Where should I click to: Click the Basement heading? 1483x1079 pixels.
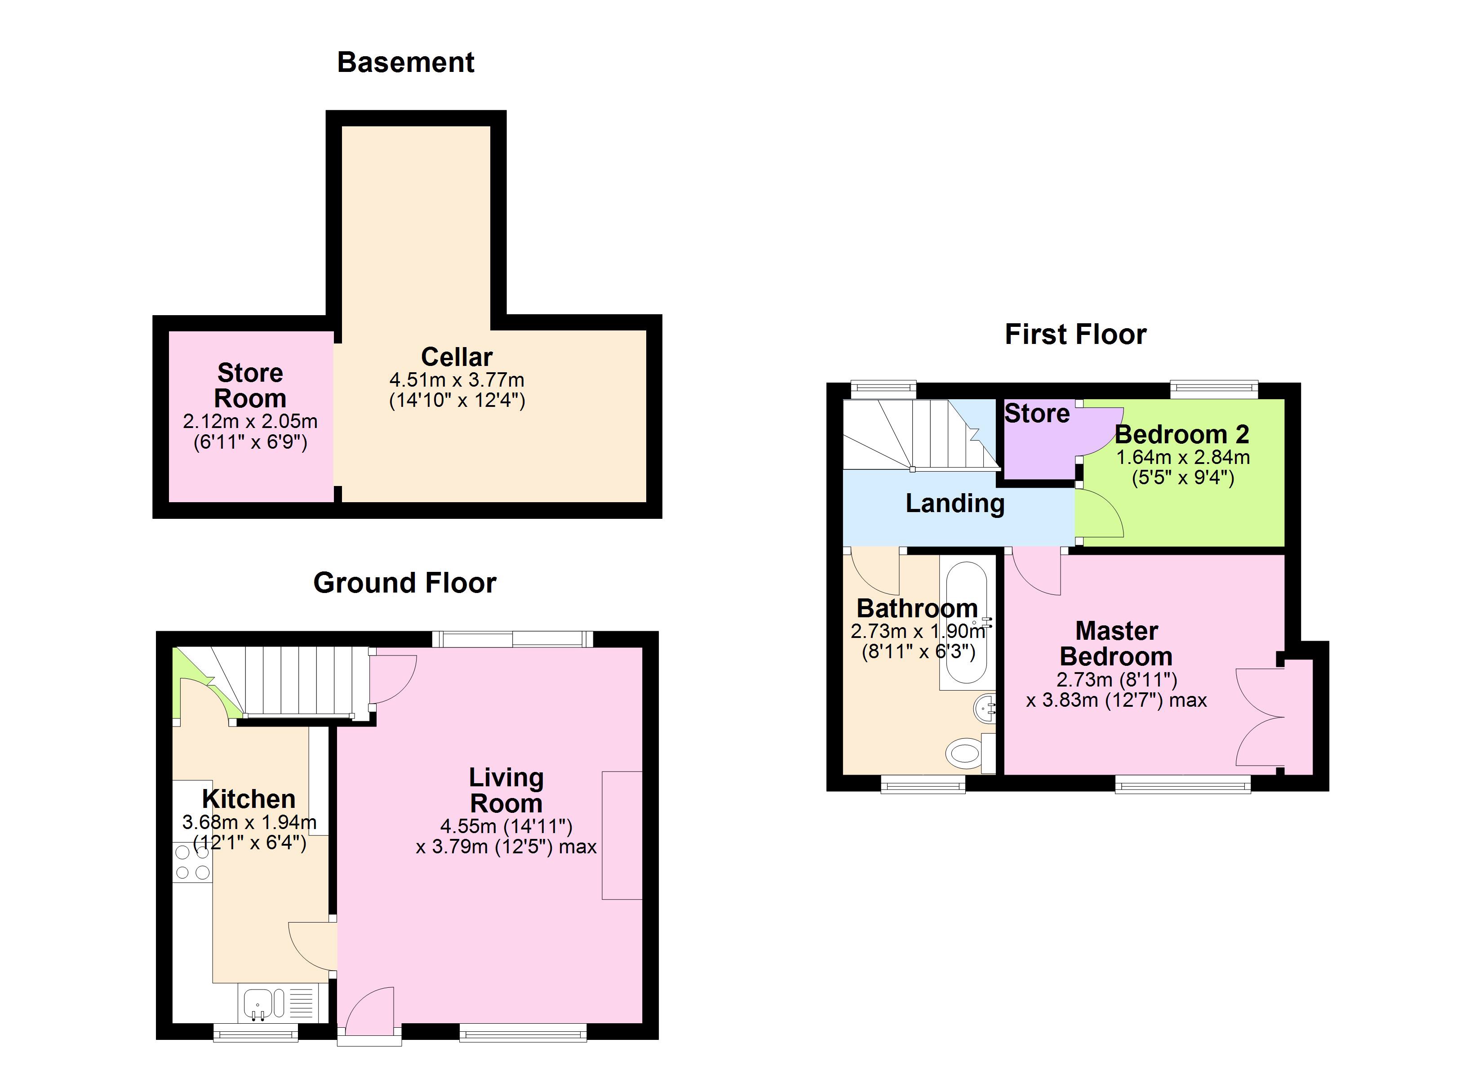[405, 62]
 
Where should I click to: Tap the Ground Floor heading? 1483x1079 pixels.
[405, 582]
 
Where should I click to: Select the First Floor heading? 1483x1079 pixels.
[1076, 334]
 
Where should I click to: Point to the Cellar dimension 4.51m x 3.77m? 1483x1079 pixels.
[457, 379]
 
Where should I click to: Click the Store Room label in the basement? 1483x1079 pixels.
[250, 385]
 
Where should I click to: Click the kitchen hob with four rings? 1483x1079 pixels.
[192, 862]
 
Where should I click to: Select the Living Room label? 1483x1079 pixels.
[506, 790]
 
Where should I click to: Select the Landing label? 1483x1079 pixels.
[955, 503]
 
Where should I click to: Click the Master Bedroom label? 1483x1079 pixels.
[1116, 643]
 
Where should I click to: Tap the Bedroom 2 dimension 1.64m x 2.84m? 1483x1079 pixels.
[1182, 457]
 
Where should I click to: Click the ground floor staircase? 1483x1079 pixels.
[297, 681]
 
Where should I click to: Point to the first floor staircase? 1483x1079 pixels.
[919, 434]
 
